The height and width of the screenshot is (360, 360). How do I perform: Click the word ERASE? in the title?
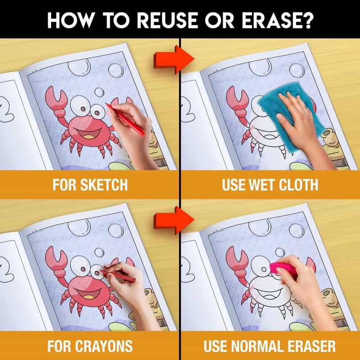(278, 20)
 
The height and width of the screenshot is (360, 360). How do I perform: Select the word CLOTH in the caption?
(298, 184)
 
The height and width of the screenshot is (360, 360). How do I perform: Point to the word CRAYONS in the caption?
(104, 346)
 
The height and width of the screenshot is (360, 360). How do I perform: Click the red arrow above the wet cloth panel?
(174, 59)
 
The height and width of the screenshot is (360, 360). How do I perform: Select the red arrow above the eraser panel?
(174, 220)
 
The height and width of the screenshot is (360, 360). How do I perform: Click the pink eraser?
(283, 269)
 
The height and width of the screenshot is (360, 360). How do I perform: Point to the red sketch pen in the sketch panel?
(125, 119)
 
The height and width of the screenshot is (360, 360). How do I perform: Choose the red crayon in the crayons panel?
(117, 275)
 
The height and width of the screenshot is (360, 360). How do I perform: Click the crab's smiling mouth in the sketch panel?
(88, 134)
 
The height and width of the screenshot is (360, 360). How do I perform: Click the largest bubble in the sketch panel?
(79, 67)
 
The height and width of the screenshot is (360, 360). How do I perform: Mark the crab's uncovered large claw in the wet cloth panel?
(237, 99)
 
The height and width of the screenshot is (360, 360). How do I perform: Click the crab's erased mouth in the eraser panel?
(269, 293)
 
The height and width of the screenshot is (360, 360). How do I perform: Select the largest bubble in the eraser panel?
(260, 227)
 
